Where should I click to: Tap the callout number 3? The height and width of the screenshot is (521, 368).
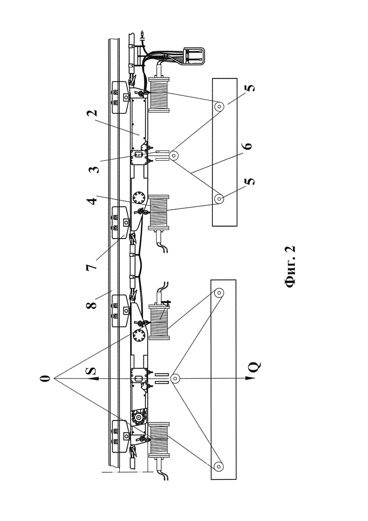pos(94,170)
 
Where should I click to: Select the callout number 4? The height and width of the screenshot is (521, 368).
pos(94,201)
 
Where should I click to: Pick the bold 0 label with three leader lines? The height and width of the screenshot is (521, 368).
pos(46,378)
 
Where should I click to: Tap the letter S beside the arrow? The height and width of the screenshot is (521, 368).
pos(92,371)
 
